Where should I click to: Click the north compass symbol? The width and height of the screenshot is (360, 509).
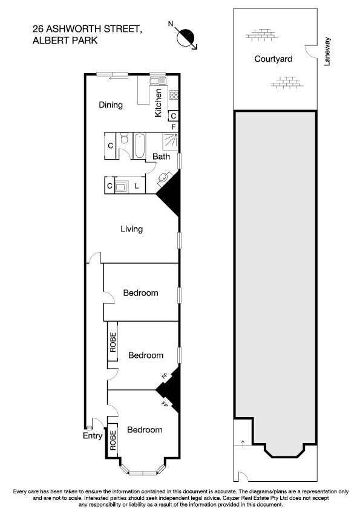[x=187, y=37]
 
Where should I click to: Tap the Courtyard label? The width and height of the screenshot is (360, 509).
[x=273, y=59]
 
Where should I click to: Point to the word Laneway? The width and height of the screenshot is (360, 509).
[x=327, y=52]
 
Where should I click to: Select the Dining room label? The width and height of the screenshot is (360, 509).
[x=111, y=105]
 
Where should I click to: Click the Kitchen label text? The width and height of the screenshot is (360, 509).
[x=159, y=103]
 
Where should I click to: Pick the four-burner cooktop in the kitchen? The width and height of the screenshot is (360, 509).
[x=173, y=94]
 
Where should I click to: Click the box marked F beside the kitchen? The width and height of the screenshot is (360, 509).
[x=174, y=127]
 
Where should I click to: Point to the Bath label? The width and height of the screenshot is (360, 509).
[x=161, y=157]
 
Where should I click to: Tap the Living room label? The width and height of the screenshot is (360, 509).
[x=131, y=229]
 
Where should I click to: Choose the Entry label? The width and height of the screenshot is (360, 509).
[x=92, y=435]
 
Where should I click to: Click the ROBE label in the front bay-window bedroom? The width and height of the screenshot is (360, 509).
[x=113, y=438]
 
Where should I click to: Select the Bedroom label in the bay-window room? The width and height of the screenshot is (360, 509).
[x=145, y=430]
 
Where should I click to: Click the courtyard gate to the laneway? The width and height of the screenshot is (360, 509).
[x=310, y=53]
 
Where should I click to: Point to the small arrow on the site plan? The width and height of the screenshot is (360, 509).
[x=243, y=444]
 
